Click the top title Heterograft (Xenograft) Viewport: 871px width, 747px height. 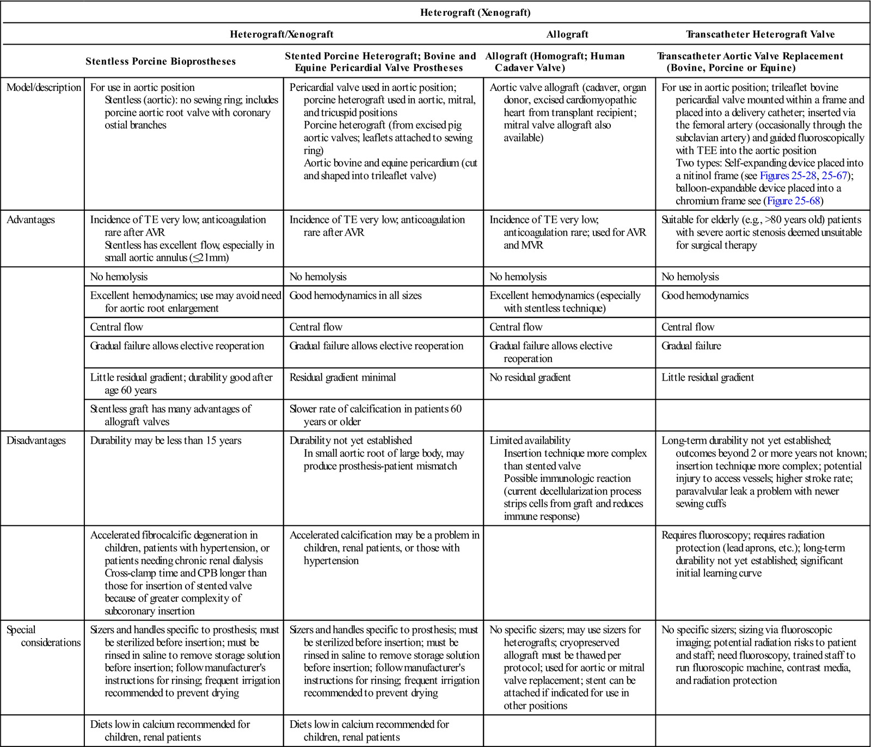click(x=475, y=12)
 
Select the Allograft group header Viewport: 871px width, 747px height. click(x=567, y=34)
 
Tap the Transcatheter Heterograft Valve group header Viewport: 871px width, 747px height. click(x=760, y=34)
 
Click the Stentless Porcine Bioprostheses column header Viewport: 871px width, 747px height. click(x=161, y=62)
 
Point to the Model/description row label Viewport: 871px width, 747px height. click(x=44, y=88)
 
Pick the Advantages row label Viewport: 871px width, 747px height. click(x=30, y=220)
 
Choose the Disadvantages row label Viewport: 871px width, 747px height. click(x=36, y=440)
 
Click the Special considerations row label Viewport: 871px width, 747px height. click(x=44, y=636)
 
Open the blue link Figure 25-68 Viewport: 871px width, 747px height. click(x=793, y=201)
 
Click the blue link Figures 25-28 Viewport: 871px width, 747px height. click(x=788, y=175)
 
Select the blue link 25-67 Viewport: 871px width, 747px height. click(x=835, y=175)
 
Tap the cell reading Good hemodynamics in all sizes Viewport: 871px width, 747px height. click(x=355, y=296)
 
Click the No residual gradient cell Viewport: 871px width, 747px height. click(x=530, y=377)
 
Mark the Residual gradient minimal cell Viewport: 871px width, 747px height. click(x=342, y=377)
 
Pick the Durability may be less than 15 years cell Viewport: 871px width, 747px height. click(x=165, y=440)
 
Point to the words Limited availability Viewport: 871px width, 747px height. click(x=530, y=440)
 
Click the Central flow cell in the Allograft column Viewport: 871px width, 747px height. click(x=516, y=327)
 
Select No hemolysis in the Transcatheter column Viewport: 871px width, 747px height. click(x=690, y=277)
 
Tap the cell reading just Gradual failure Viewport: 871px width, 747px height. click(x=691, y=346)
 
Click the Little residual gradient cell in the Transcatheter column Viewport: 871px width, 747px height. click(x=707, y=377)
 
